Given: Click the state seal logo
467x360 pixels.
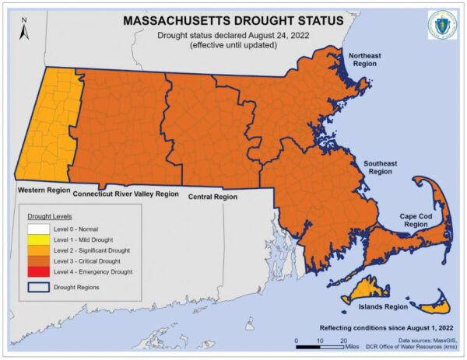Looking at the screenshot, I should coord(441,26).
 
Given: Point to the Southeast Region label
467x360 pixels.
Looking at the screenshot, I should coord(379,168).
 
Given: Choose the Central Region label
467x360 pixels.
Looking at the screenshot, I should coord(212,197).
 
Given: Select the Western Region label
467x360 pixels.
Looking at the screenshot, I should coord(43,189).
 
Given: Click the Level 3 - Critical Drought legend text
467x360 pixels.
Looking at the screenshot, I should coord(88,261).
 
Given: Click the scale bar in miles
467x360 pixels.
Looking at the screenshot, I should coord(320,341).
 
